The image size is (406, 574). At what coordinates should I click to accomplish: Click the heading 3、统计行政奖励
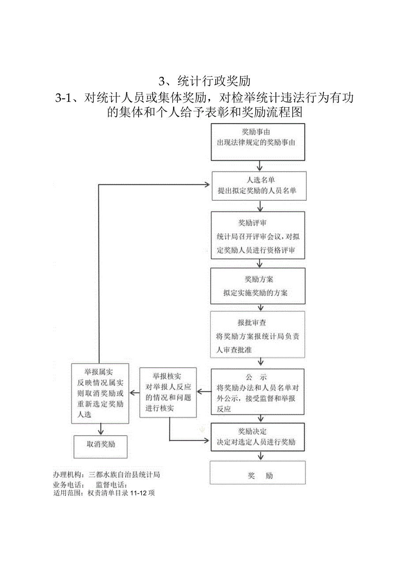coord(204,81)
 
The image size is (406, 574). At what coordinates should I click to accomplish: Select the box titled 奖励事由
coord(258,142)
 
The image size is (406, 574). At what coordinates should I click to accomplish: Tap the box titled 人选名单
coord(258,186)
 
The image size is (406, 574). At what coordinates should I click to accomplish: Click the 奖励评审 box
coord(258,235)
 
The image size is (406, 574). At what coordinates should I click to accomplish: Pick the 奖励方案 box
coord(258,286)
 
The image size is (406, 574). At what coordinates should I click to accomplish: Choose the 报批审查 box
coord(258,334)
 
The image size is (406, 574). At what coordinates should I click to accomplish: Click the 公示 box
coord(258,391)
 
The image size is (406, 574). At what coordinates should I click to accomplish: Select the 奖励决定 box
coord(258,437)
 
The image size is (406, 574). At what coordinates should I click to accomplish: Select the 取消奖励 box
coord(100,444)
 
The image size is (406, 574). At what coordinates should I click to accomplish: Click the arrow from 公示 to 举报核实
coord(203,391)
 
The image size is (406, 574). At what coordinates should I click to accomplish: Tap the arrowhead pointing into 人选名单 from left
coord(207,184)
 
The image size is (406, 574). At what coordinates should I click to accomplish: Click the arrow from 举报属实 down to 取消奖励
coord(101,429)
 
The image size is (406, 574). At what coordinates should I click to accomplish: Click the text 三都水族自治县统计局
coord(124,475)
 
